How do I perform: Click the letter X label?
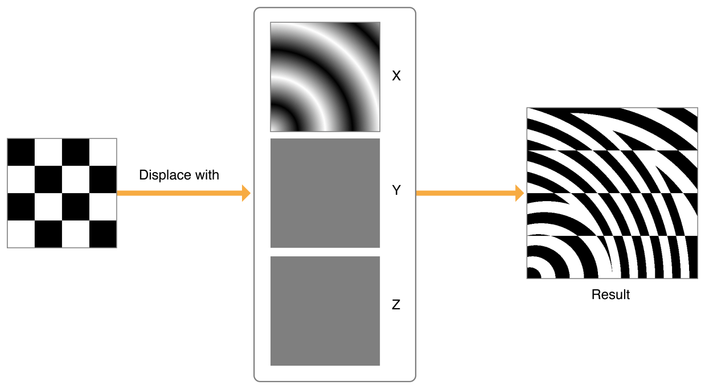click(396, 76)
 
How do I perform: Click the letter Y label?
click(396, 190)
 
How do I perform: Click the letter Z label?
click(396, 304)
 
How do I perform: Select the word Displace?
click(165, 175)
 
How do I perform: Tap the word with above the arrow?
click(207, 175)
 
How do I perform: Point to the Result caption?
click(610, 294)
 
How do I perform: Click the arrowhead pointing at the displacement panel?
click(246, 193)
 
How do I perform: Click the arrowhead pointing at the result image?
click(519, 193)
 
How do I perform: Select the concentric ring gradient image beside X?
click(325, 77)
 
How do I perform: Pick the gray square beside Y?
click(325, 193)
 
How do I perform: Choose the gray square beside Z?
click(325, 311)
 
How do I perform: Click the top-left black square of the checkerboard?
click(21, 152)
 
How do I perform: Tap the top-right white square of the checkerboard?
click(103, 152)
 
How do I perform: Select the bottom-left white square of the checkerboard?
click(21, 234)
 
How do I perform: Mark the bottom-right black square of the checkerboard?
click(103, 234)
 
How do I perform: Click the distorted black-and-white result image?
click(612, 193)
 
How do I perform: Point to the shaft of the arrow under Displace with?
click(179, 193)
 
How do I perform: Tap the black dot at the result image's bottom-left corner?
click(534, 273)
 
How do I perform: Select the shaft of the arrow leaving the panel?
click(466, 193)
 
